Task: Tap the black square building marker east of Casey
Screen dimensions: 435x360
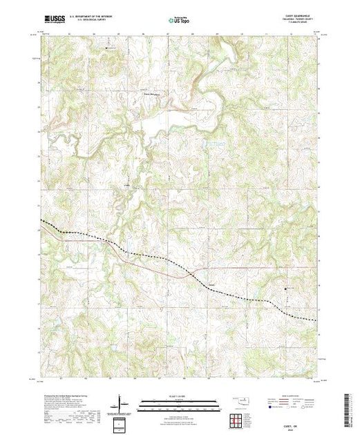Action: point(285,288)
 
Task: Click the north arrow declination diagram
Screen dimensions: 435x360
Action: point(121,402)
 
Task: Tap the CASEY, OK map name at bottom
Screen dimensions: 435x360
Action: point(301,418)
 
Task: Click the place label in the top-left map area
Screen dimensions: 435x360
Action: point(108,48)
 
